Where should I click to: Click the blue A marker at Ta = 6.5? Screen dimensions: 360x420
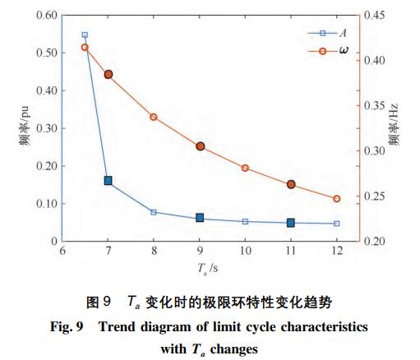(x=85, y=35)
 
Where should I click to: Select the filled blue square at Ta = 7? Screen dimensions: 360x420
(x=108, y=180)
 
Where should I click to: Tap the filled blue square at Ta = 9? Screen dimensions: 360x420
(x=200, y=218)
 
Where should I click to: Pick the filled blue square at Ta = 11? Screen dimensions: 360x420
(x=291, y=223)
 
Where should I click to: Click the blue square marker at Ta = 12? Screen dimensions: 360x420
(x=336, y=224)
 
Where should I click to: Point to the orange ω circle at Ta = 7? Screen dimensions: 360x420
(x=108, y=74)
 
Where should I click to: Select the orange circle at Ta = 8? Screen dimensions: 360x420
(x=154, y=117)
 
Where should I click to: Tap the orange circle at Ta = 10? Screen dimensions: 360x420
(x=245, y=168)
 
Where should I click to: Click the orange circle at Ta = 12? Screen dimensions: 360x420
(x=336, y=198)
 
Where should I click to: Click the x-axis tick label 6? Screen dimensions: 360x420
(x=62, y=251)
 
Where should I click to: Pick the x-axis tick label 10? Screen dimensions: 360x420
(x=245, y=251)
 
